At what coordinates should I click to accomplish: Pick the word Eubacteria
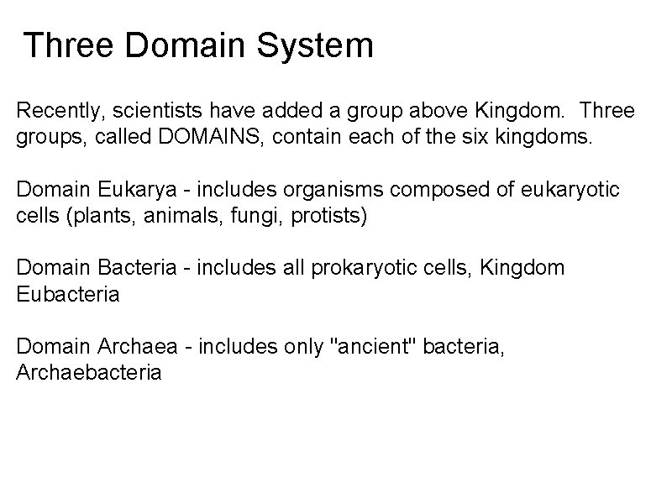coord(68,295)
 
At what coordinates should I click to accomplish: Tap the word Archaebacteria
coord(88,373)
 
